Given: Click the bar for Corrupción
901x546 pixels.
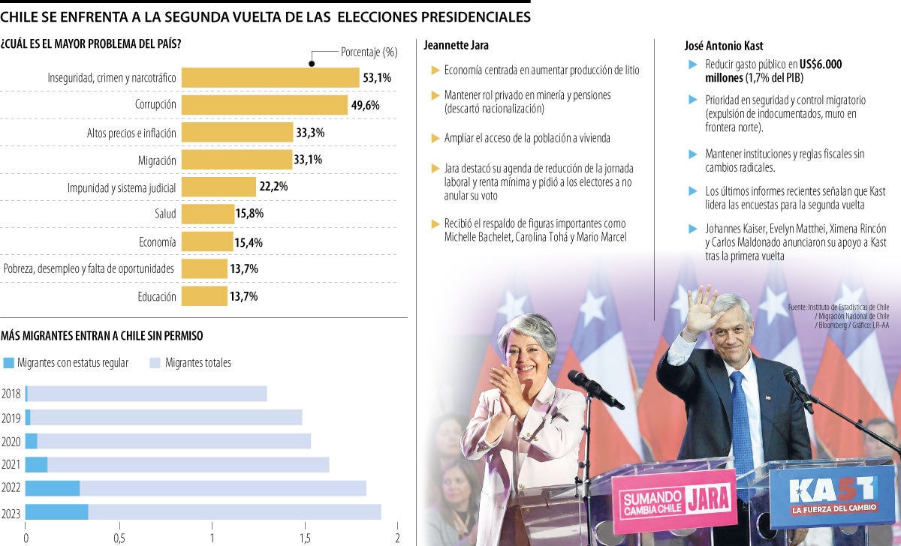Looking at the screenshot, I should pos(264,105).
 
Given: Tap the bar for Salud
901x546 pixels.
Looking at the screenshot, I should pos(207,214).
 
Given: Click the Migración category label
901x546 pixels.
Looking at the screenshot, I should pos(157,160).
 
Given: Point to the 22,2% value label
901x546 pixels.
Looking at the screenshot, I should pos(273,187).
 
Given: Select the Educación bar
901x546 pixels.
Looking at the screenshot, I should pos(204,296).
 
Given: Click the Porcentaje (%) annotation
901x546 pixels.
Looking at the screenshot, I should pos(369,52).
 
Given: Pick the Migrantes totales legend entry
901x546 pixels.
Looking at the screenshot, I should pos(197,363).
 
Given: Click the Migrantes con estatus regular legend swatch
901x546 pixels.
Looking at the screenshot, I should pos(9,363).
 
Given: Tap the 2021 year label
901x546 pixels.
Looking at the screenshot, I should pos(11,465).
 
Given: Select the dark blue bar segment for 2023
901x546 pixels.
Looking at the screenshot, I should pos(57,512).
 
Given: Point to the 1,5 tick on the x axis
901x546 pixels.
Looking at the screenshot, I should pos(305,538).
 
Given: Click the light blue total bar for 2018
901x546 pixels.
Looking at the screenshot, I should pos(147,394).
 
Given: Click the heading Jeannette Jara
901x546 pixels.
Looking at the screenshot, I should pos(456,46).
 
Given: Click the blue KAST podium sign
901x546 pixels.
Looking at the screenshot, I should pos(833,496).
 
